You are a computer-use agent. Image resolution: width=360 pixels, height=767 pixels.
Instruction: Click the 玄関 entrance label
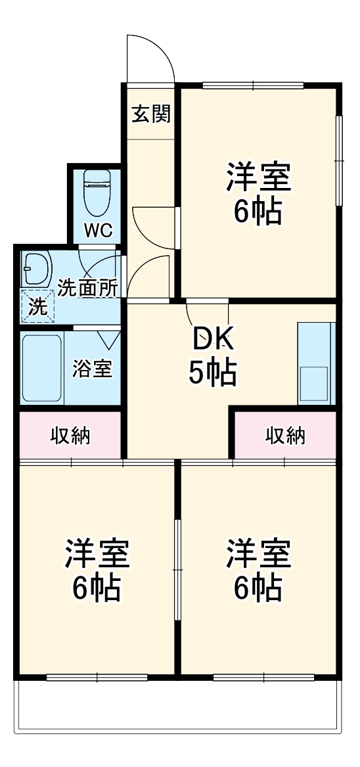[151, 114]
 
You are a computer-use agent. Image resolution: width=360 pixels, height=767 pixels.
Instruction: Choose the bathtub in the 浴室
[41, 369]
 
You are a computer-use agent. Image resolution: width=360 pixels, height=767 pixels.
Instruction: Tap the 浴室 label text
[92, 369]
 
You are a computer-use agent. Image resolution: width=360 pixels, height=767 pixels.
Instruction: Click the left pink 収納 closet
[71, 435]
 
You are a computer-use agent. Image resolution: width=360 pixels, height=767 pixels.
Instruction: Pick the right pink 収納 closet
[286, 435]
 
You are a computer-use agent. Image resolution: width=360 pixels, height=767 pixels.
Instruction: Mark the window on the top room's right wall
[340, 161]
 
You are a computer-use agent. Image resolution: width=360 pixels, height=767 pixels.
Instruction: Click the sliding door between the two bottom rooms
[177, 569]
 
